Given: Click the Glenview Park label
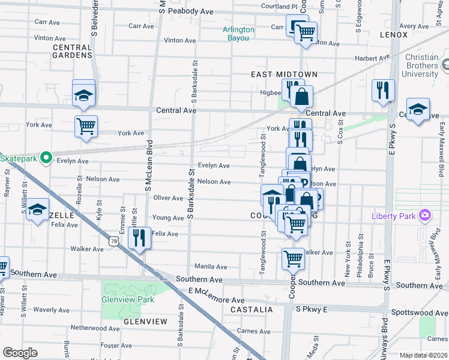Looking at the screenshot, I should (x=128, y=299).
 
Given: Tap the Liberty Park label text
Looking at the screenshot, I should (x=395, y=215).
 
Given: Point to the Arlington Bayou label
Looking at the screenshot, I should (x=238, y=34).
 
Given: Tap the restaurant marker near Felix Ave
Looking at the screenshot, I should (x=139, y=238).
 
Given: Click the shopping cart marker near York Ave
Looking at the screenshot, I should (x=86, y=126).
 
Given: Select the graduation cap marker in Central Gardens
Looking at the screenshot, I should (x=84, y=94).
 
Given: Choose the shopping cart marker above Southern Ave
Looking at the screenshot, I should (x=293, y=259).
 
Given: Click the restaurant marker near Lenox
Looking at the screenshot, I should (x=382, y=90).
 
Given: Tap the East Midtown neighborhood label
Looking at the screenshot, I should (x=284, y=74).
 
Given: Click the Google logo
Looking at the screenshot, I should (x=20, y=353).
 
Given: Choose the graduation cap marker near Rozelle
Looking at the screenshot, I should (x=37, y=210).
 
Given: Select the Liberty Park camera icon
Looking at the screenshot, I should (x=426, y=215).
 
